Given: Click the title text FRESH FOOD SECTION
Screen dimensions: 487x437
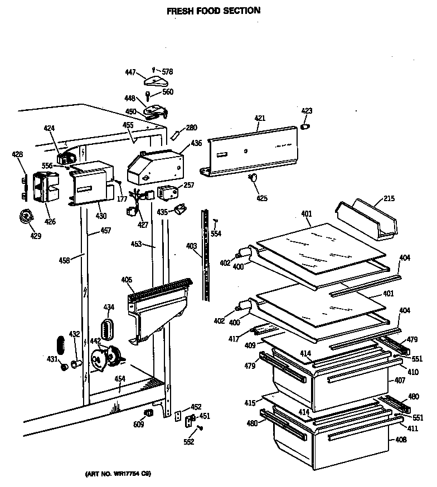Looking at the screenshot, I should (214, 10).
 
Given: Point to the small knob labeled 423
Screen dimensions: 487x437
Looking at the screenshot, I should (305, 126).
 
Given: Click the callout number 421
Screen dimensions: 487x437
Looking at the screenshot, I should (260, 118).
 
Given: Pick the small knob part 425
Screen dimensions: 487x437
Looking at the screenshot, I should (254, 178).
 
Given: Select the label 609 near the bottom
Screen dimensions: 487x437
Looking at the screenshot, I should (139, 425).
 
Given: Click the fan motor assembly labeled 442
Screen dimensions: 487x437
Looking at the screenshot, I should (106, 357).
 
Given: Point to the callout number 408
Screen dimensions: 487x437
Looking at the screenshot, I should (400, 440).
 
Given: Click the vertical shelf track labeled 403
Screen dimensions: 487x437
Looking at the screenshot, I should (207, 256).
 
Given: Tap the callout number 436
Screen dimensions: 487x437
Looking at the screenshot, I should (196, 143).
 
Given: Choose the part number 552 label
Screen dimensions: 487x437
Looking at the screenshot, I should (189, 442).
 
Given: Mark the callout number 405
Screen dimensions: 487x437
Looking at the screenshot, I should (126, 279).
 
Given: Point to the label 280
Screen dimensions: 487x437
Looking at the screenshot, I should (192, 128).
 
